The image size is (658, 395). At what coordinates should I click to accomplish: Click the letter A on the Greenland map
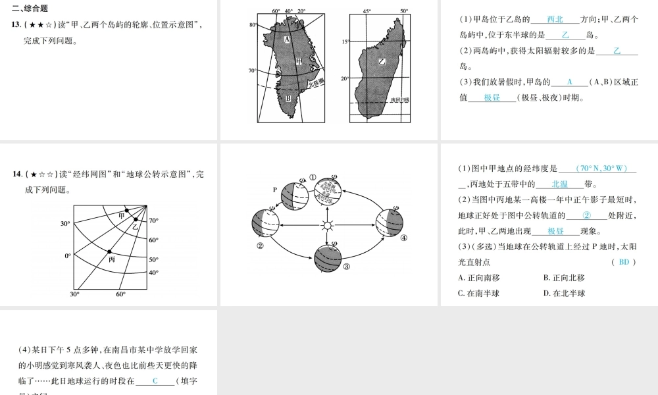pos(287,39)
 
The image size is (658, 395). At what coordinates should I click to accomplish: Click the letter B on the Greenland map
pos(288,99)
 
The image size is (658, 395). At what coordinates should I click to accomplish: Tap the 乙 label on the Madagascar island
pos(382,61)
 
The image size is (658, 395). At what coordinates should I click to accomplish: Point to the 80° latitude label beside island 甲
pos(253,25)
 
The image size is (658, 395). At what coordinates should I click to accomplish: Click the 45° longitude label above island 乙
pos(367,11)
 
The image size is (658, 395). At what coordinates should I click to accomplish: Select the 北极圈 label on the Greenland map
pos(316,83)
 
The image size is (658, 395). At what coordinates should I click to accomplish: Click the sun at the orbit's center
pos(327,226)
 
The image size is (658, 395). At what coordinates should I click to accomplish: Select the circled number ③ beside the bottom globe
pos(345,266)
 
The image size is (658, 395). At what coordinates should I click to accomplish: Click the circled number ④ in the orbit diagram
pos(403,238)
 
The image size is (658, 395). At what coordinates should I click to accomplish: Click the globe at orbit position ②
pos(265,223)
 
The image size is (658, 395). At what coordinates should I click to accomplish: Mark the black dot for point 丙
pos(109,251)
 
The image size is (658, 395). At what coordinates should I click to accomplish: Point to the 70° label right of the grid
pos(153,221)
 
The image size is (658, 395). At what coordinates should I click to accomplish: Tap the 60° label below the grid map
pos(120,294)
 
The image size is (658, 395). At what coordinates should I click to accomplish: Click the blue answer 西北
pos(555,20)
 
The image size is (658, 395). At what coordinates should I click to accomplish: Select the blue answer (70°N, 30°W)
pos(597,169)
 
